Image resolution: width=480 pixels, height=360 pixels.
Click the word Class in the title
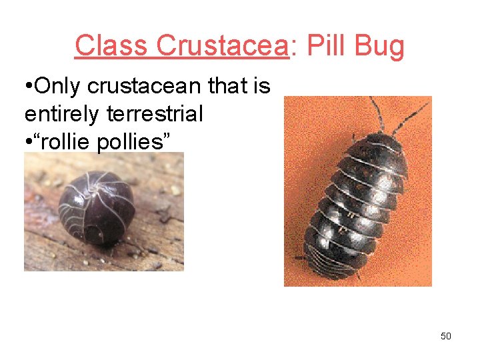(111, 47)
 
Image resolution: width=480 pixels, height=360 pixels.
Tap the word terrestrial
(155, 114)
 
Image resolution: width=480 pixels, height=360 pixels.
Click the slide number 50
(446, 336)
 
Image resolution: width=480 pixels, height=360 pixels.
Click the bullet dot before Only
(27, 87)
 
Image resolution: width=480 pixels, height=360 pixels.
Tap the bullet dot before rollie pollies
(27, 142)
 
